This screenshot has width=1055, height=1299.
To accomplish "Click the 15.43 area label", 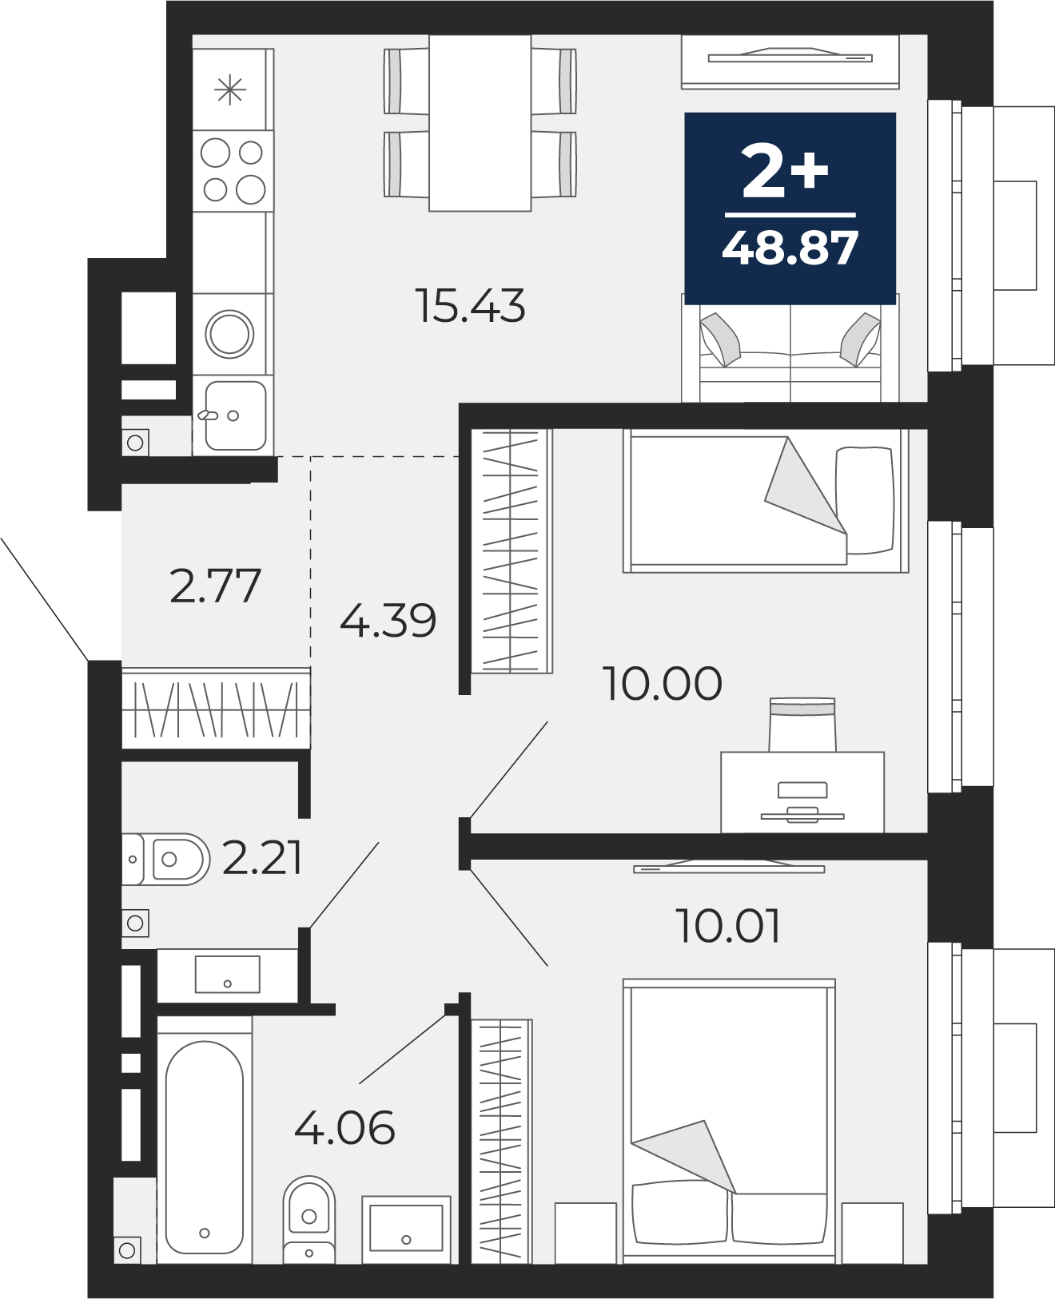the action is [470, 305].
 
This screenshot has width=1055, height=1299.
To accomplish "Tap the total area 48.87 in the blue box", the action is [790, 248].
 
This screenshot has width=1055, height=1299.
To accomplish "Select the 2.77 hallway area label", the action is [215, 586].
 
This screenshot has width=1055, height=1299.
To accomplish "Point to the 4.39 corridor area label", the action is [388, 620].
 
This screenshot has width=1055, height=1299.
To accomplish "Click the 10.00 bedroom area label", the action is [662, 684].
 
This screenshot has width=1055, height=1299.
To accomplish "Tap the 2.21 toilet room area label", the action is [262, 858].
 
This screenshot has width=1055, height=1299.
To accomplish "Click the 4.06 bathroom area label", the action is [344, 1127].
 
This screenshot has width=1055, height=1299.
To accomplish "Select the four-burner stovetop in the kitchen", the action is [233, 171].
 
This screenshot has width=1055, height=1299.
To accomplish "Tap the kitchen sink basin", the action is [236, 415].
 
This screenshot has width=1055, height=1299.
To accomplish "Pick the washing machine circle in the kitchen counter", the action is [229, 334].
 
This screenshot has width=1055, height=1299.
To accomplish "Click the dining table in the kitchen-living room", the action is [480, 123].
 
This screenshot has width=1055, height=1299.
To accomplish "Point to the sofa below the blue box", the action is [790, 354].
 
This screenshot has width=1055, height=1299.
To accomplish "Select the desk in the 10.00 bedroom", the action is [802, 793].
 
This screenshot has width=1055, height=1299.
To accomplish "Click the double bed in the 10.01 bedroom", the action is [729, 1121].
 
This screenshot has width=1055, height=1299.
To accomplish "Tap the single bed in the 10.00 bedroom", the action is [766, 501].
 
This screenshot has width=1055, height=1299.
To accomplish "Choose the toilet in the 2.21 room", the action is [166, 860].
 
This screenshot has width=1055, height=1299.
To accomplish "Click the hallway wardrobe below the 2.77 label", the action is [216, 709].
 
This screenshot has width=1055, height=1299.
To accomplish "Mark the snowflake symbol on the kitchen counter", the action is [230, 90].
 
